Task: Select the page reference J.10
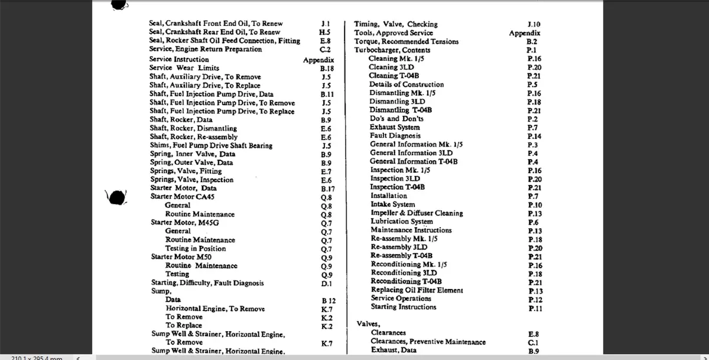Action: (x=534, y=25)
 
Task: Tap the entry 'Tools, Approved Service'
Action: (x=393, y=33)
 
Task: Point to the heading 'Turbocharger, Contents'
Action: (x=392, y=50)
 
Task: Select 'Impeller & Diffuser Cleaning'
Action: (x=417, y=213)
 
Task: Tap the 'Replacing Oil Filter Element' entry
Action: (x=417, y=290)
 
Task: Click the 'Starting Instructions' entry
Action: (x=404, y=307)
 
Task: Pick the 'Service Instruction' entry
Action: (x=179, y=59)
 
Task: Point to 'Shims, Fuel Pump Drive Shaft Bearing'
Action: (x=211, y=145)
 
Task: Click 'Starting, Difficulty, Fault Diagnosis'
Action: (x=207, y=283)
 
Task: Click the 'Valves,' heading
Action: (x=368, y=324)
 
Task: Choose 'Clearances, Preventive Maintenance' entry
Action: (x=428, y=342)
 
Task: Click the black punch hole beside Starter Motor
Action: (x=116, y=197)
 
